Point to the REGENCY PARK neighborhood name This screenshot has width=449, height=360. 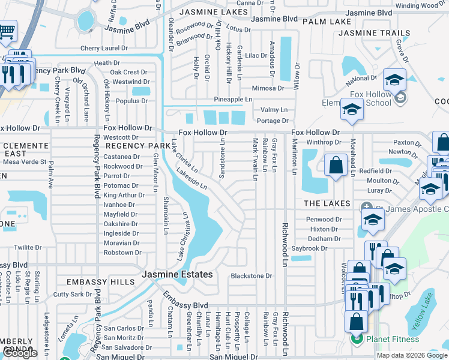tap(138, 146)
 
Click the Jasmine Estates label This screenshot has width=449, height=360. tap(177, 274)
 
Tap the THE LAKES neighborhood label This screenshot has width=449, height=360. tap(327, 203)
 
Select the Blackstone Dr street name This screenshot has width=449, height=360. tap(252, 276)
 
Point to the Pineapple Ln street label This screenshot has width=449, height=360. tap(233, 99)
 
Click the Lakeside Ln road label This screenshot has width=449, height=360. tap(191, 179)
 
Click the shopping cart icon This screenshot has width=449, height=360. tap(7, 30)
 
